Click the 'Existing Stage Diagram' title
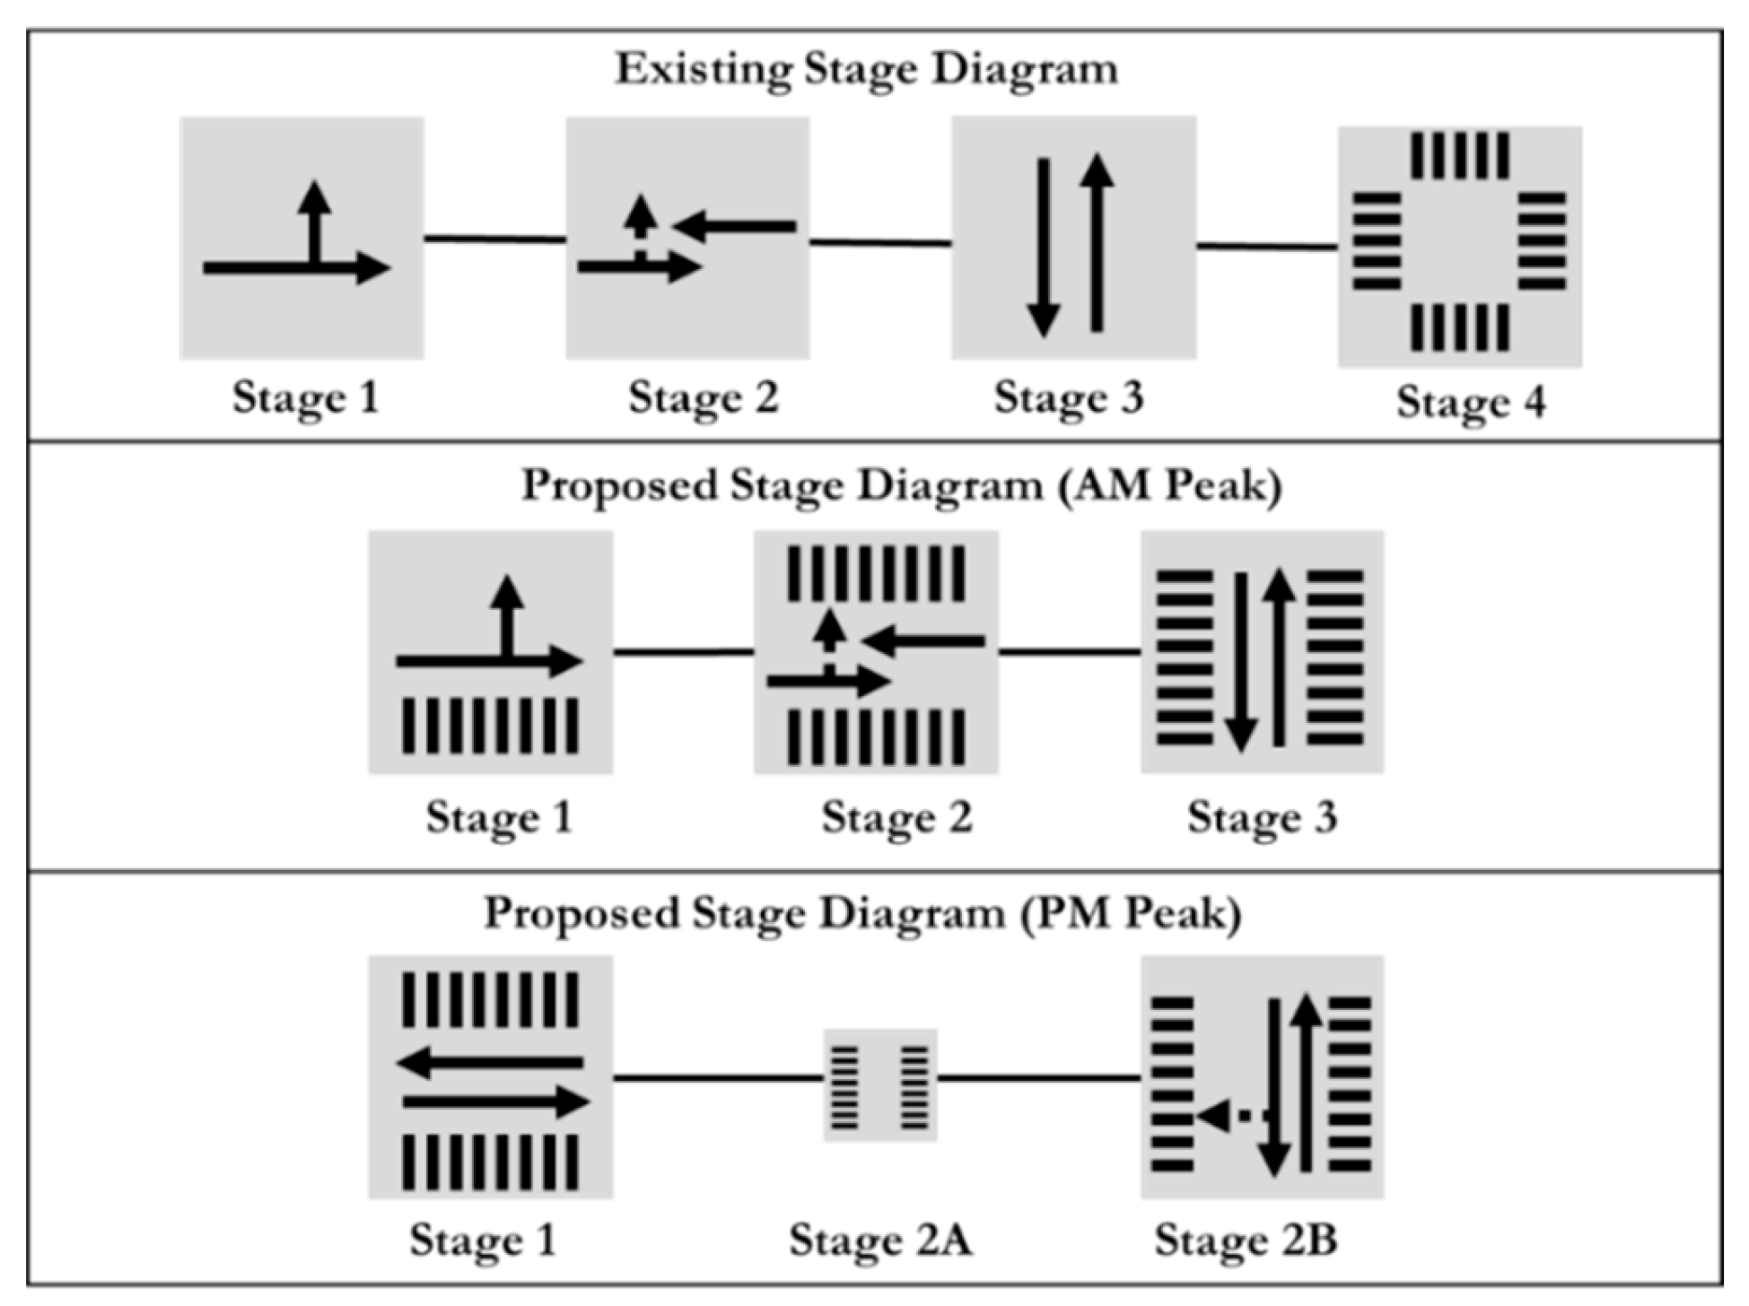click(x=866, y=69)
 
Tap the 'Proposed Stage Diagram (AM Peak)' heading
click(x=901, y=486)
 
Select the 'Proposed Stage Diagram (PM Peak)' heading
click(x=863, y=914)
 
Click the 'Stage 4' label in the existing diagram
click(x=1471, y=402)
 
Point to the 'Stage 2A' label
click(x=880, y=1241)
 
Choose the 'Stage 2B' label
click(x=1246, y=1241)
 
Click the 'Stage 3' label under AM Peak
click(x=1262, y=817)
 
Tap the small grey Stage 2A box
click(x=880, y=1084)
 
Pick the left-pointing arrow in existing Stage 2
click(x=736, y=226)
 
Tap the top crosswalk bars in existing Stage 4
click(x=1459, y=156)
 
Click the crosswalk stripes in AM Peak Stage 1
click(x=490, y=726)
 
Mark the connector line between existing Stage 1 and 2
click(x=494, y=239)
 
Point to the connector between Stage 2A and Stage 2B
click(x=1039, y=1077)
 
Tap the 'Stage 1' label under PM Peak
click(x=483, y=1241)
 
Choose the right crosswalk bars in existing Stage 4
click(x=1542, y=240)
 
